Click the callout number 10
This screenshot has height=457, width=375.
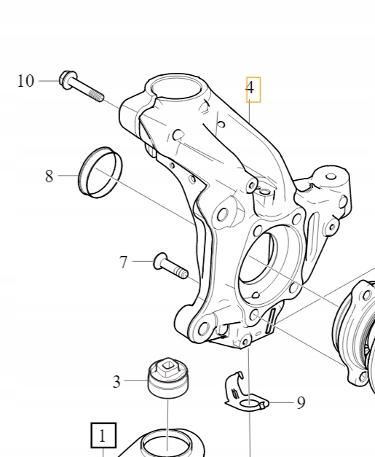click(25, 81)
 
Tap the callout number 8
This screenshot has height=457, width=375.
click(50, 176)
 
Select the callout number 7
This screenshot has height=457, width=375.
click(123, 261)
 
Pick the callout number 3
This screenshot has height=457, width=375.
click(117, 380)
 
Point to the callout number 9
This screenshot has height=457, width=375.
click(301, 402)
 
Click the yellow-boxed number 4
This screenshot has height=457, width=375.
click(250, 89)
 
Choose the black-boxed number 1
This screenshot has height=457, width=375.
click(103, 436)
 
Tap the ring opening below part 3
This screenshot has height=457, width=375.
click(166, 443)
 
